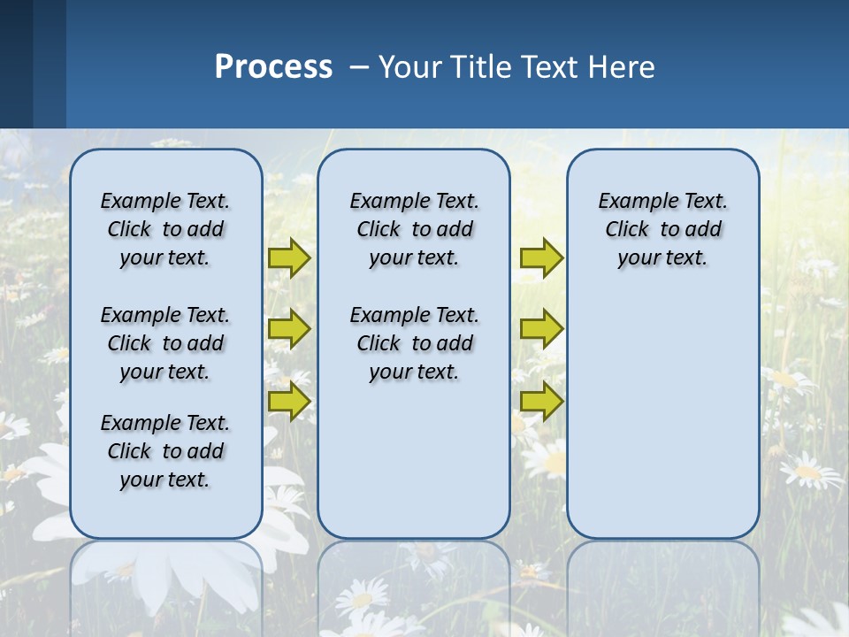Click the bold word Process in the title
(x=273, y=66)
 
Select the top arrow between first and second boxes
(x=289, y=257)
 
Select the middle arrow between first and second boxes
(x=289, y=329)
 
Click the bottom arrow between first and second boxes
(x=289, y=401)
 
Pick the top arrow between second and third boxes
(x=541, y=257)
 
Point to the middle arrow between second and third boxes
(x=541, y=329)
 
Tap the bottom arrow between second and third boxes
(x=541, y=401)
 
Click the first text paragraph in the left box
(x=165, y=229)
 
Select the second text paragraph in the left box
(x=165, y=343)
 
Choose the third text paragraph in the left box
(x=165, y=451)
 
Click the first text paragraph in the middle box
(x=414, y=229)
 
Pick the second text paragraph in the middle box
(x=414, y=343)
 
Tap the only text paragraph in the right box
(x=662, y=229)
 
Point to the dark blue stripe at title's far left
(x=16, y=64)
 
